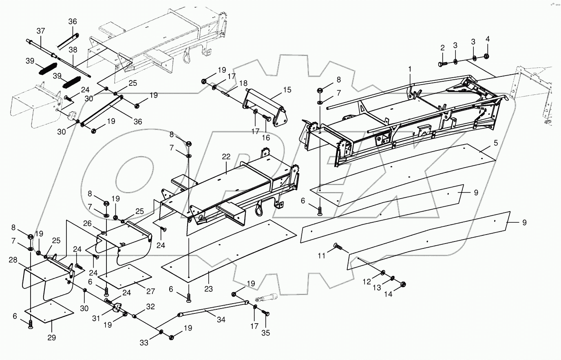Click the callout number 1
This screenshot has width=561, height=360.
click(411, 70)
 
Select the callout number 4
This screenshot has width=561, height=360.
click(488, 39)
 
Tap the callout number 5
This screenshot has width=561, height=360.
click(496, 143)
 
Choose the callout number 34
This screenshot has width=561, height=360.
click(221, 320)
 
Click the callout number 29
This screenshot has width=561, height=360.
click(52, 338)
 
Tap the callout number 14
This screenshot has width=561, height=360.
click(389, 294)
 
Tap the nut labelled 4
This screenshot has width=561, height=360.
click(487, 56)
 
